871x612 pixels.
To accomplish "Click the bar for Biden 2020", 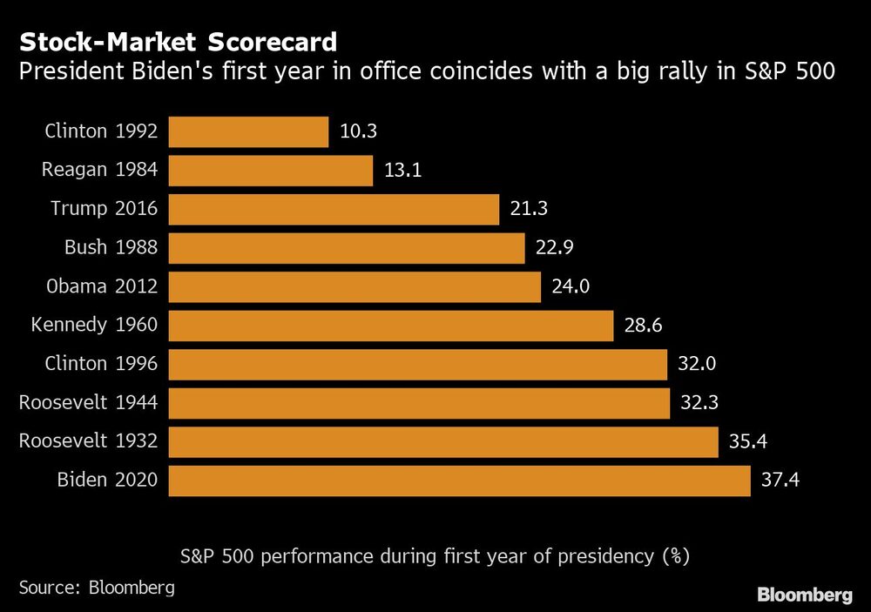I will point(459,481).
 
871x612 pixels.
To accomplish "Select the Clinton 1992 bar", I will point(248,132).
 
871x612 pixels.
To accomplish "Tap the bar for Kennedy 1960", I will point(391,326).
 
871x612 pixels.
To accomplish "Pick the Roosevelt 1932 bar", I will point(442,441).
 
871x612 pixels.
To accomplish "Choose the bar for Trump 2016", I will point(334,209).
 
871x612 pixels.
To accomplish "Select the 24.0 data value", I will point(571,286).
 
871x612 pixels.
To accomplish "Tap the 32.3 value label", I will point(699,403).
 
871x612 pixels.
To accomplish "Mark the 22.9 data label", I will point(555,248).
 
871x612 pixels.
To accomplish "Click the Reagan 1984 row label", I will point(99,171).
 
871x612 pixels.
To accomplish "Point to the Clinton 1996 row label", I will point(101,364).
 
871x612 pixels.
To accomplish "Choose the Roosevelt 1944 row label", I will point(88,403).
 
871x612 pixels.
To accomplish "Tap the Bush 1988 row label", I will point(111,248).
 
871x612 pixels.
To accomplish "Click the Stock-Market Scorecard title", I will point(179,42).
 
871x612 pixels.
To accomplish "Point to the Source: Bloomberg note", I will point(97,587).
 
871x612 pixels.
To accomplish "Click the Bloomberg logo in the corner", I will point(805,595).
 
